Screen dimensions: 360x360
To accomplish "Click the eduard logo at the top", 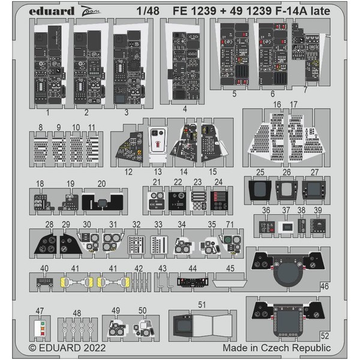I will [x=53, y=11].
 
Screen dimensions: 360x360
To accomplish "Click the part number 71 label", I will [x=229, y=223].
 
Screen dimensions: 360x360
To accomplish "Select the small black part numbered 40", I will [x=44, y=280].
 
